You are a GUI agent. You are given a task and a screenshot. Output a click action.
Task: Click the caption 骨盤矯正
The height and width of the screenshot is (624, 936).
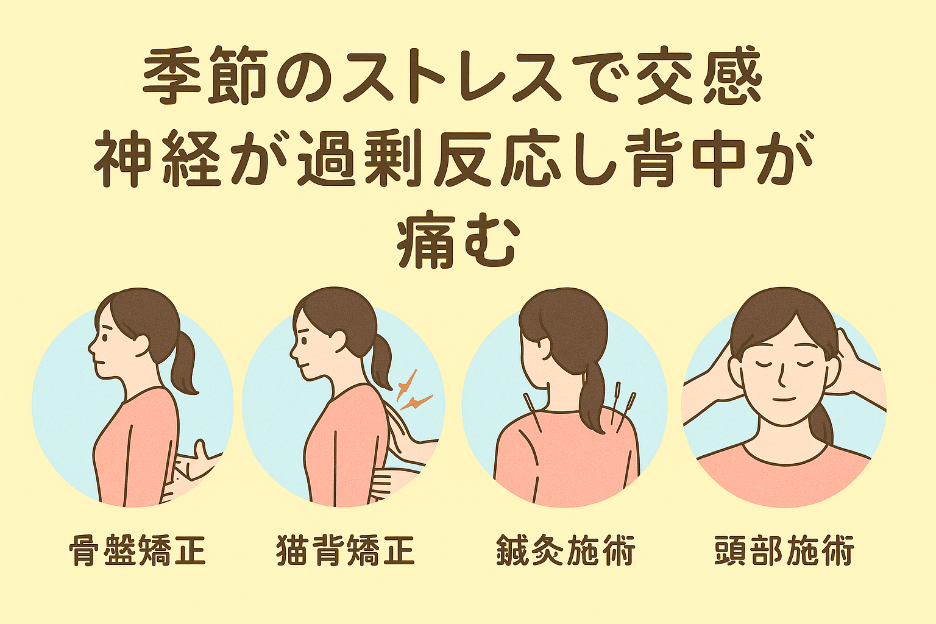point(138,550)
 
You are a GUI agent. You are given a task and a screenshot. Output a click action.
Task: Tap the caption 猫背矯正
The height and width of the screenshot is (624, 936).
point(345,550)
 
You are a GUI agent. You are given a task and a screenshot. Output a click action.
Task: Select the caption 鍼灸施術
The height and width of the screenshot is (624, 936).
point(565,550)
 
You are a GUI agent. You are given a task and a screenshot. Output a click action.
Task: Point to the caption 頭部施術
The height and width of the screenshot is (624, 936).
point(784,550)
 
